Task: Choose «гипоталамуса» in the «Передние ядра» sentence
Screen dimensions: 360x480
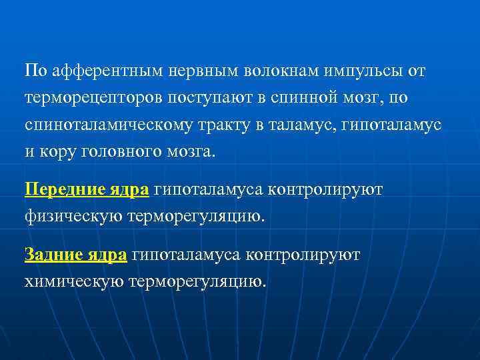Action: pos(207,189)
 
